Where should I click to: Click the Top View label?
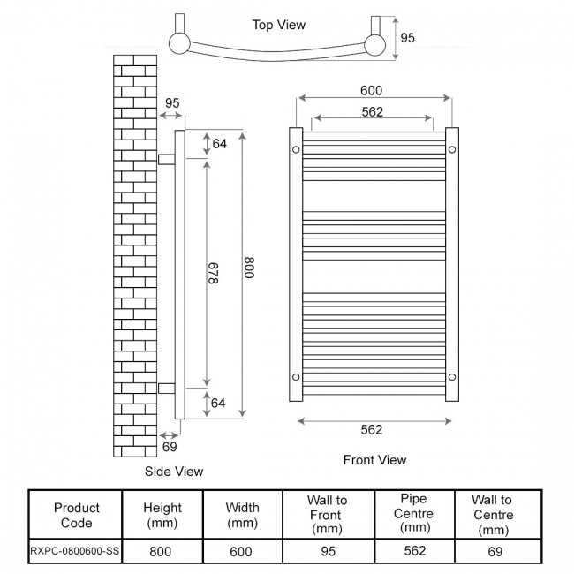pyautogui.click(x=278, y=25)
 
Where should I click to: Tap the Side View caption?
pyautogui.click(x=174, y=472)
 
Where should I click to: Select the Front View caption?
pyautogui.click(x=374, y=460)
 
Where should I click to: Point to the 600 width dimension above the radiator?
pyautogui.click(x=371, y=90)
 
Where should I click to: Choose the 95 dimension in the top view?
pyautogui.click(x=407, y=38)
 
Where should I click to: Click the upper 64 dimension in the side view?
pyautogui.click(x=219, y=144)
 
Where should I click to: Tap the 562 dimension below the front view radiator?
pyautogui.click(x=372, y=430)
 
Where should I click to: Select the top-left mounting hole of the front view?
pyautogui.click(x=296, y=149)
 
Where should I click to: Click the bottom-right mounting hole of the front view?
pyautogui.click(x=451, y=377)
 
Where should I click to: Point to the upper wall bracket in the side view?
pyautogui.click(x=166, y=158)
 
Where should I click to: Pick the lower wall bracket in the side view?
pyautogui.click(x=166, y=388)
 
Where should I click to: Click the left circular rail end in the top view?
pyautogui.click(x=180, y=43)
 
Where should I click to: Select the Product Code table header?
pyautogui.click(x=77, y=515)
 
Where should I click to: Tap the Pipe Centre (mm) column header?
pyautogui.click(x=413, y=513)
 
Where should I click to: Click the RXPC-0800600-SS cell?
pyautogui.click(x=77, y=552)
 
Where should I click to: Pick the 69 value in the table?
pyautogui.click(x=495, y=552)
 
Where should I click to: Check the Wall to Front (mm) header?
pyautogui.click(x=327, y=514)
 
